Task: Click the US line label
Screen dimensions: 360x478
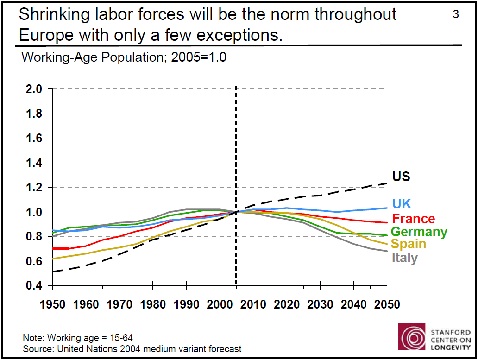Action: coord(401,177)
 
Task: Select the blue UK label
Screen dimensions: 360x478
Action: coord(402,204)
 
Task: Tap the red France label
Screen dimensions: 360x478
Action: coord(413,219)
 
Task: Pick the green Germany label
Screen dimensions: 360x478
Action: coord(419,232)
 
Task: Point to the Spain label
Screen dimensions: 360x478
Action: coord(409,244)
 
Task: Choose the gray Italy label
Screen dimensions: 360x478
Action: coord(405,258)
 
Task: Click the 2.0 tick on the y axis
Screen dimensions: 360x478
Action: coord(33,89)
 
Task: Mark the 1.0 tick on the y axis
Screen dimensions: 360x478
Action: coord(33,212)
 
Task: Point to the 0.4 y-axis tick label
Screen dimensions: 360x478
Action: coord(33,286)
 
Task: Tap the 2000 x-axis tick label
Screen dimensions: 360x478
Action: coord(220,304)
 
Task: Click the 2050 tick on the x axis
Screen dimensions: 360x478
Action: coord(387,304)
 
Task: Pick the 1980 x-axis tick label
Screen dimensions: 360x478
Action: coord(152,304)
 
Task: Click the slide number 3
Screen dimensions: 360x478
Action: coord(456,14)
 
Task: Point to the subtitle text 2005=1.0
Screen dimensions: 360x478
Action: coord(199,58)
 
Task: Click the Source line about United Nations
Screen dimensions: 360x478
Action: coord(132,348)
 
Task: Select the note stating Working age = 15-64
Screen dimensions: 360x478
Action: coord(78,338)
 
